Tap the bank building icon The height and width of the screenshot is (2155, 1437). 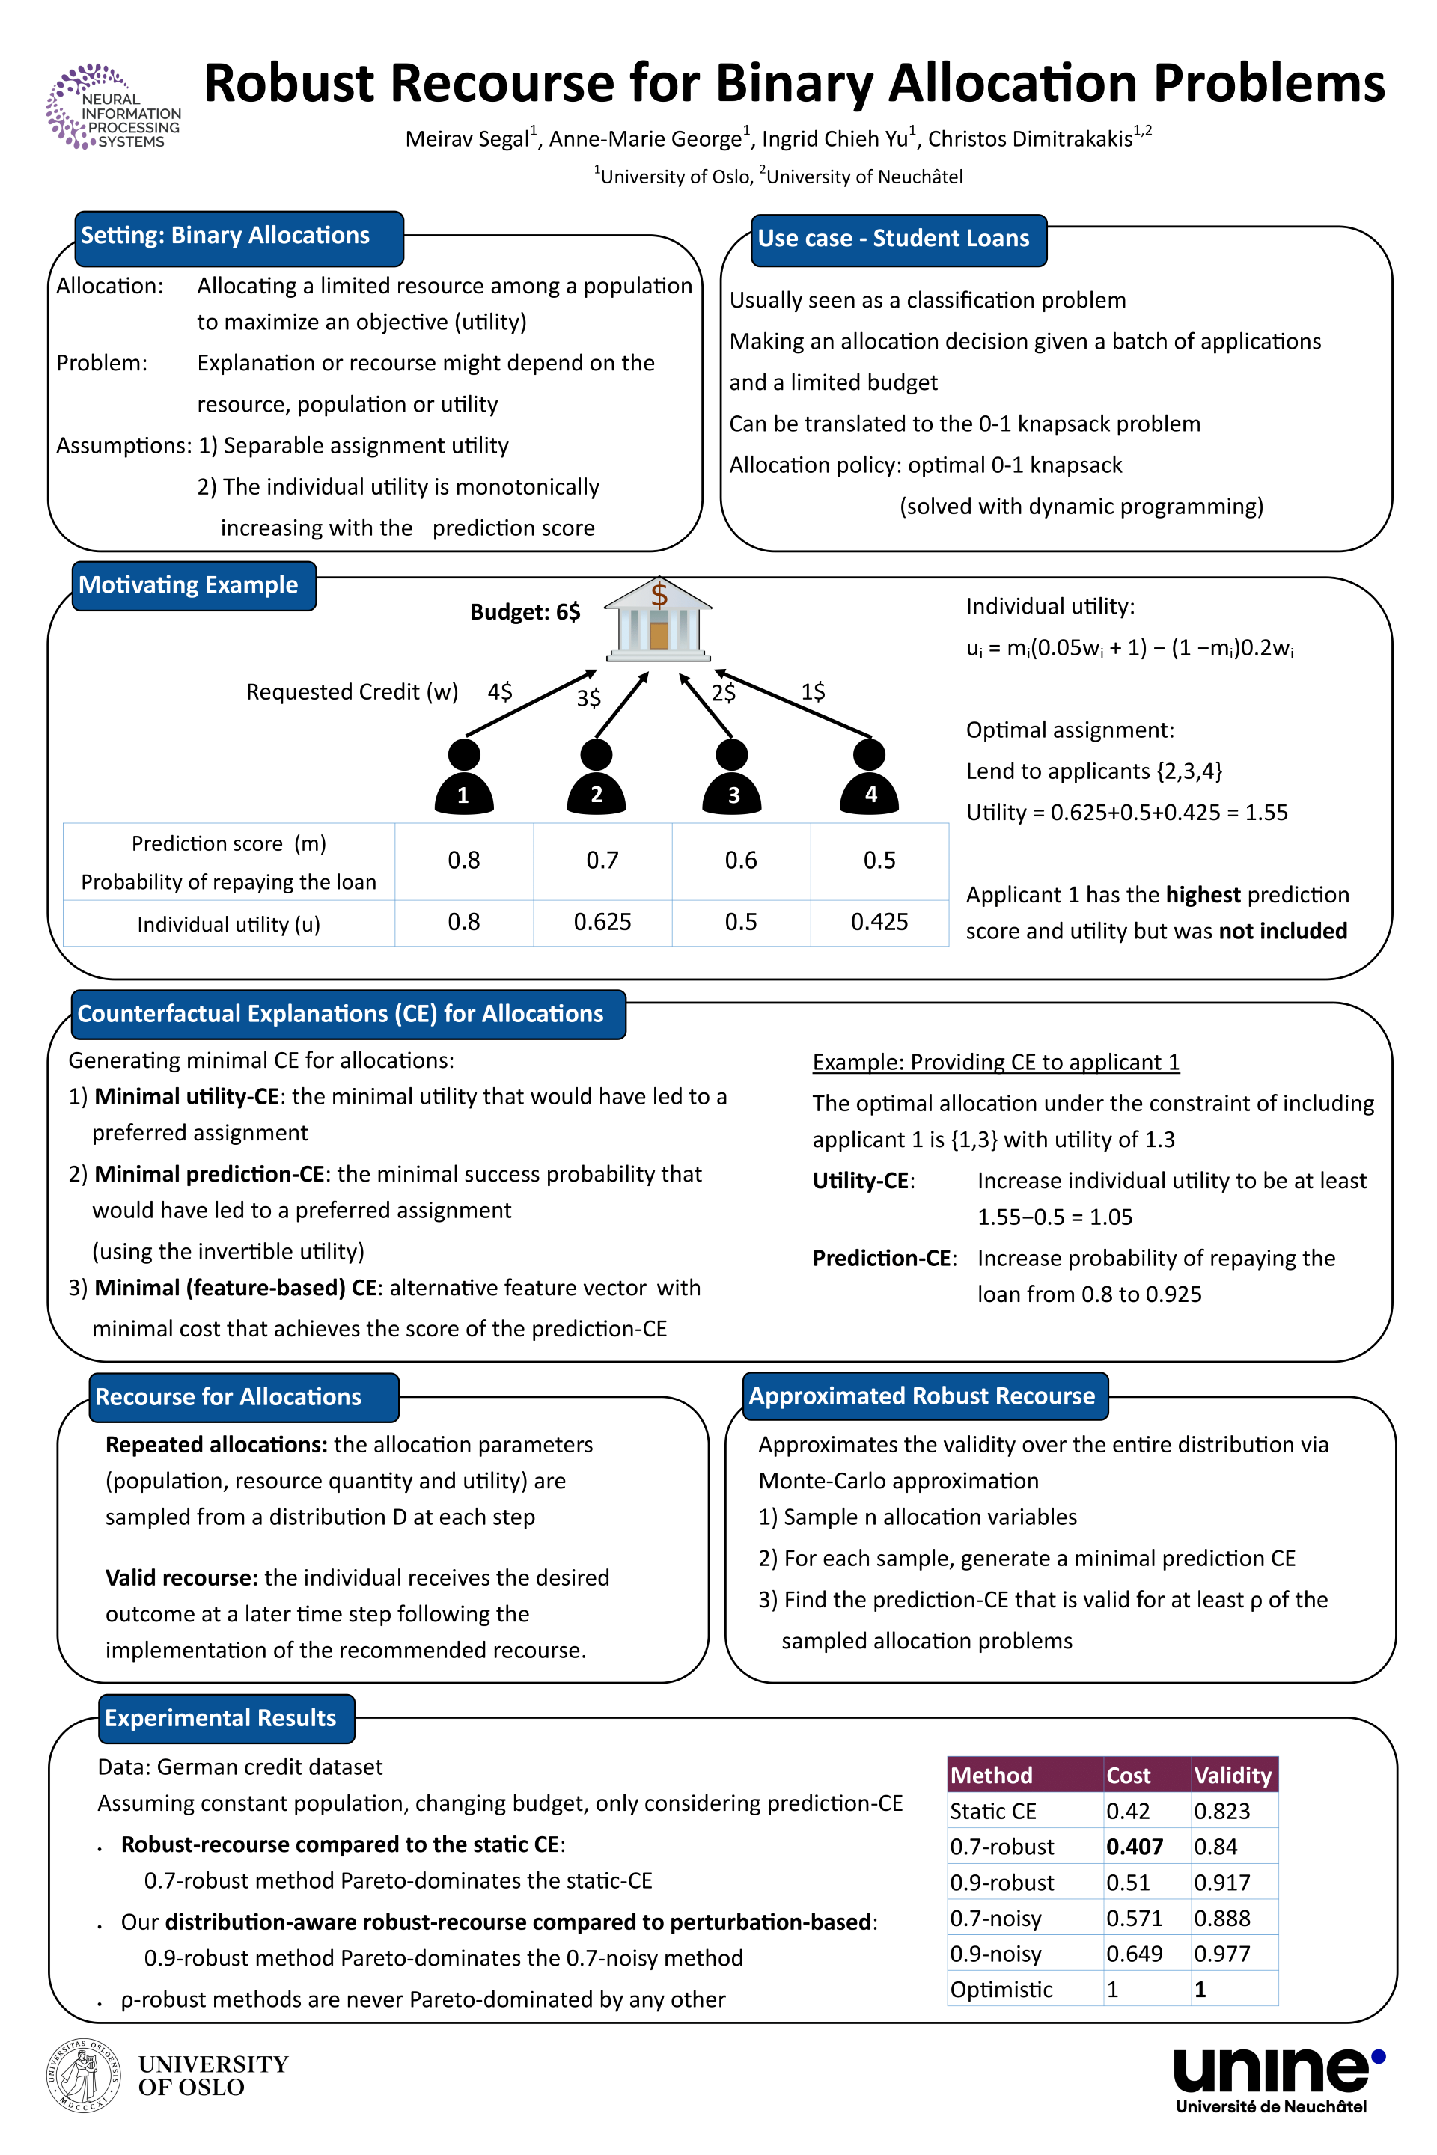point(658,620)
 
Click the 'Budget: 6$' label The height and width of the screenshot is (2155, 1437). point(525,612)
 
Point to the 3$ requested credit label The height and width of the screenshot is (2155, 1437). point(589,698)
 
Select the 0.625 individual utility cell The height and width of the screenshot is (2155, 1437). point(602,922)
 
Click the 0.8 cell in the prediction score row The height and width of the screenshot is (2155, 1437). point(464,861)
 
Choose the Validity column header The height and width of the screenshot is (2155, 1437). point(1233,1776)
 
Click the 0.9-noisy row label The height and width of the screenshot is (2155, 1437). point(996,1954)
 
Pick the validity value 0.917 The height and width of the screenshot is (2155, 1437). point(1221,1883)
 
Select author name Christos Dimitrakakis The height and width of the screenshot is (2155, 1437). point(1031,139)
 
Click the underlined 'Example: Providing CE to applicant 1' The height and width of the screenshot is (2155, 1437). point(996,1062)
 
